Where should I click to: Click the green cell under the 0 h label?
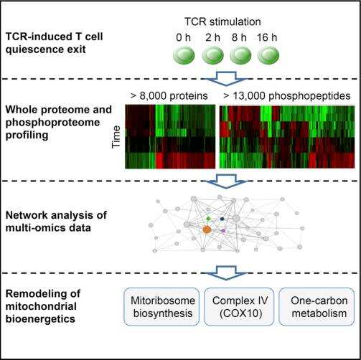tap(184, 55)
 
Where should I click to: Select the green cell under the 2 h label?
tap(212, 55)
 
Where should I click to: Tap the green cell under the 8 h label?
tap(240, 55)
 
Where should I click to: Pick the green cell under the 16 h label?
tap(268, 55)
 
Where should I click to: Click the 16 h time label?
tap(267, 37)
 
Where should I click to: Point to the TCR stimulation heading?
tap(222, 22)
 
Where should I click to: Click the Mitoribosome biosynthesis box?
tap(161, 307)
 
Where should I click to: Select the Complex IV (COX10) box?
tap(239, 307)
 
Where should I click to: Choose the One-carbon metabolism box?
tap(317, 307)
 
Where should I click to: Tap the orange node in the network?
tap(207, 230)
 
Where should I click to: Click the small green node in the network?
tap(208, 218)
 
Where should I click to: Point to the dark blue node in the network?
tap(222, 219)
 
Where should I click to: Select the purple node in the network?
tap(223, 231)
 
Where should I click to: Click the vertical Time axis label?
tap(116, 137)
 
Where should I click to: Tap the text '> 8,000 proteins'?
tap(169, 96)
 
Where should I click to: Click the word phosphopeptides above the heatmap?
tap(309, 96)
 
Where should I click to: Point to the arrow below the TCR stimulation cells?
tap(226, 78)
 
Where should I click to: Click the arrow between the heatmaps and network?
tap(226, 181)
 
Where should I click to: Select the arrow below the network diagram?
tap(226, 273)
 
